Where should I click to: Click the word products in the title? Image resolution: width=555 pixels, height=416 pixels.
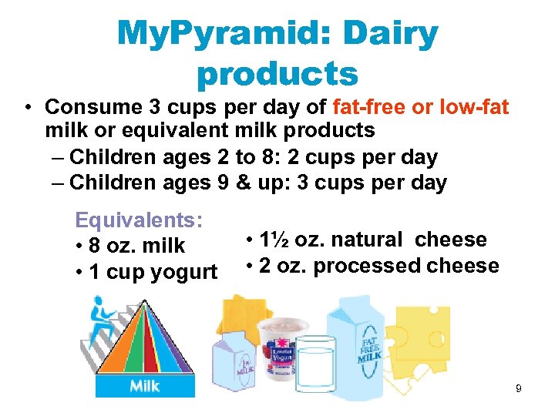(x=277, y=75)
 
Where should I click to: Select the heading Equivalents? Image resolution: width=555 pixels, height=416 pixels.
(x=139, y=220)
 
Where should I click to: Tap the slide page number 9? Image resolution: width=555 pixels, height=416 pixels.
(x=519, y=388)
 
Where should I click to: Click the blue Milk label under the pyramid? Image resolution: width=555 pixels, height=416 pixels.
(x=144, y=384)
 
